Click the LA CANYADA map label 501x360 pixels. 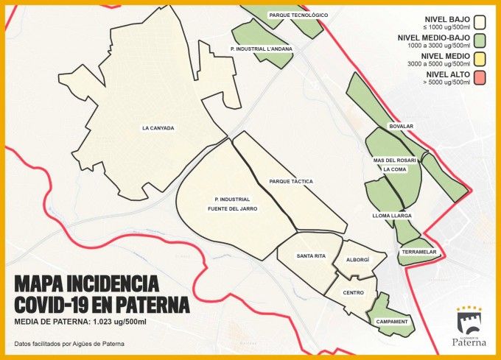tap(158, 128)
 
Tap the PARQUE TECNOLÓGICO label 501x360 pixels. tap(298, 15)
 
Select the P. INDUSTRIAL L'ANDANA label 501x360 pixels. tap(262, 49)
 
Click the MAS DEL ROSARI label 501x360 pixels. tap(395, 160)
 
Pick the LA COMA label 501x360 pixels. tap(395, 169)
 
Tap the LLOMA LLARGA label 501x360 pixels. tap(391, 216)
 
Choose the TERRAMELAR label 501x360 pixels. tap(419, 253)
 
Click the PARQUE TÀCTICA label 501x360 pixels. tap(291, 181)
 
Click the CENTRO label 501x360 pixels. tap(354, 292)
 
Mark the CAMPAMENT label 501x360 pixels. tap(391, 322)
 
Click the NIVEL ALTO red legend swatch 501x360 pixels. tap(480, 77)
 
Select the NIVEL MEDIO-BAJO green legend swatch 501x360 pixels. tap(480, 39)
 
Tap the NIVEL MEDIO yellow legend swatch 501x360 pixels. tap(480, 58)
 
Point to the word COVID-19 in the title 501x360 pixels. tap(58, 304)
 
